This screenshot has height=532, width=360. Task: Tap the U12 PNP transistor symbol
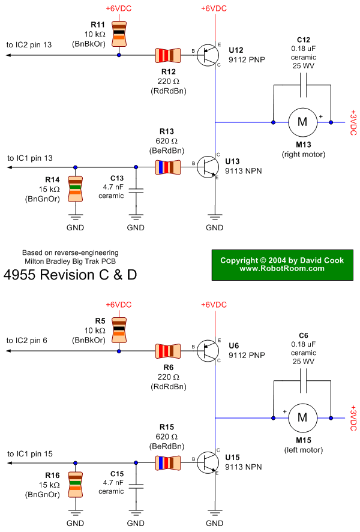click(x=208, y=55)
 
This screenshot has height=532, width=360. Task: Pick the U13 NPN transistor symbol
click(x=208, y=167)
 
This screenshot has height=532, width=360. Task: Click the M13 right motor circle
click(x=302, y=122)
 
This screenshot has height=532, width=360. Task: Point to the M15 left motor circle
click(x=302, y=416)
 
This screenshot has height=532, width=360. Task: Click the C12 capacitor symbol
click(x=302, y=84)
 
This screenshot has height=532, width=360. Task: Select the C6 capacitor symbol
click(x=302, y=379)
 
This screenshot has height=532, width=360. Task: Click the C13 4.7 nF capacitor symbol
click(x=136, y=191)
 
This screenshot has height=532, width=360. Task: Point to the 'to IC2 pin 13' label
click(x=30, y=45)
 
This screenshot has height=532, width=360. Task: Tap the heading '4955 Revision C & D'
click(x=70, y=275)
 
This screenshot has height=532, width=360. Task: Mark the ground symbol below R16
click(x=75, y=511)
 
